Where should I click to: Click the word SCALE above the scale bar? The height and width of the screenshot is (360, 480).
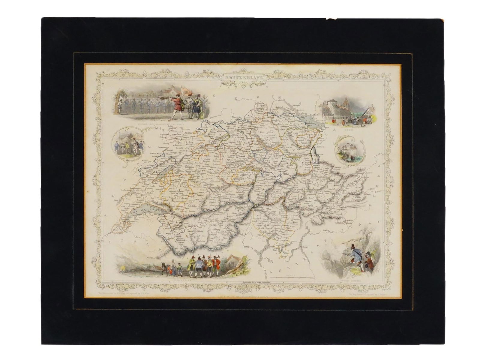pyautogui.click(x=288, y=275)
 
